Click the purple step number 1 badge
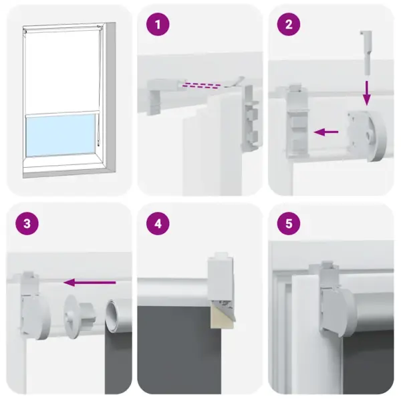tap(158, 25)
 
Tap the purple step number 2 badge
tap(289, 25)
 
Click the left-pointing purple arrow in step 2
tap(327, 132)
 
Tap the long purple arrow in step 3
tap(90, 283)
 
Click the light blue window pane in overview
tap(61, 131)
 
